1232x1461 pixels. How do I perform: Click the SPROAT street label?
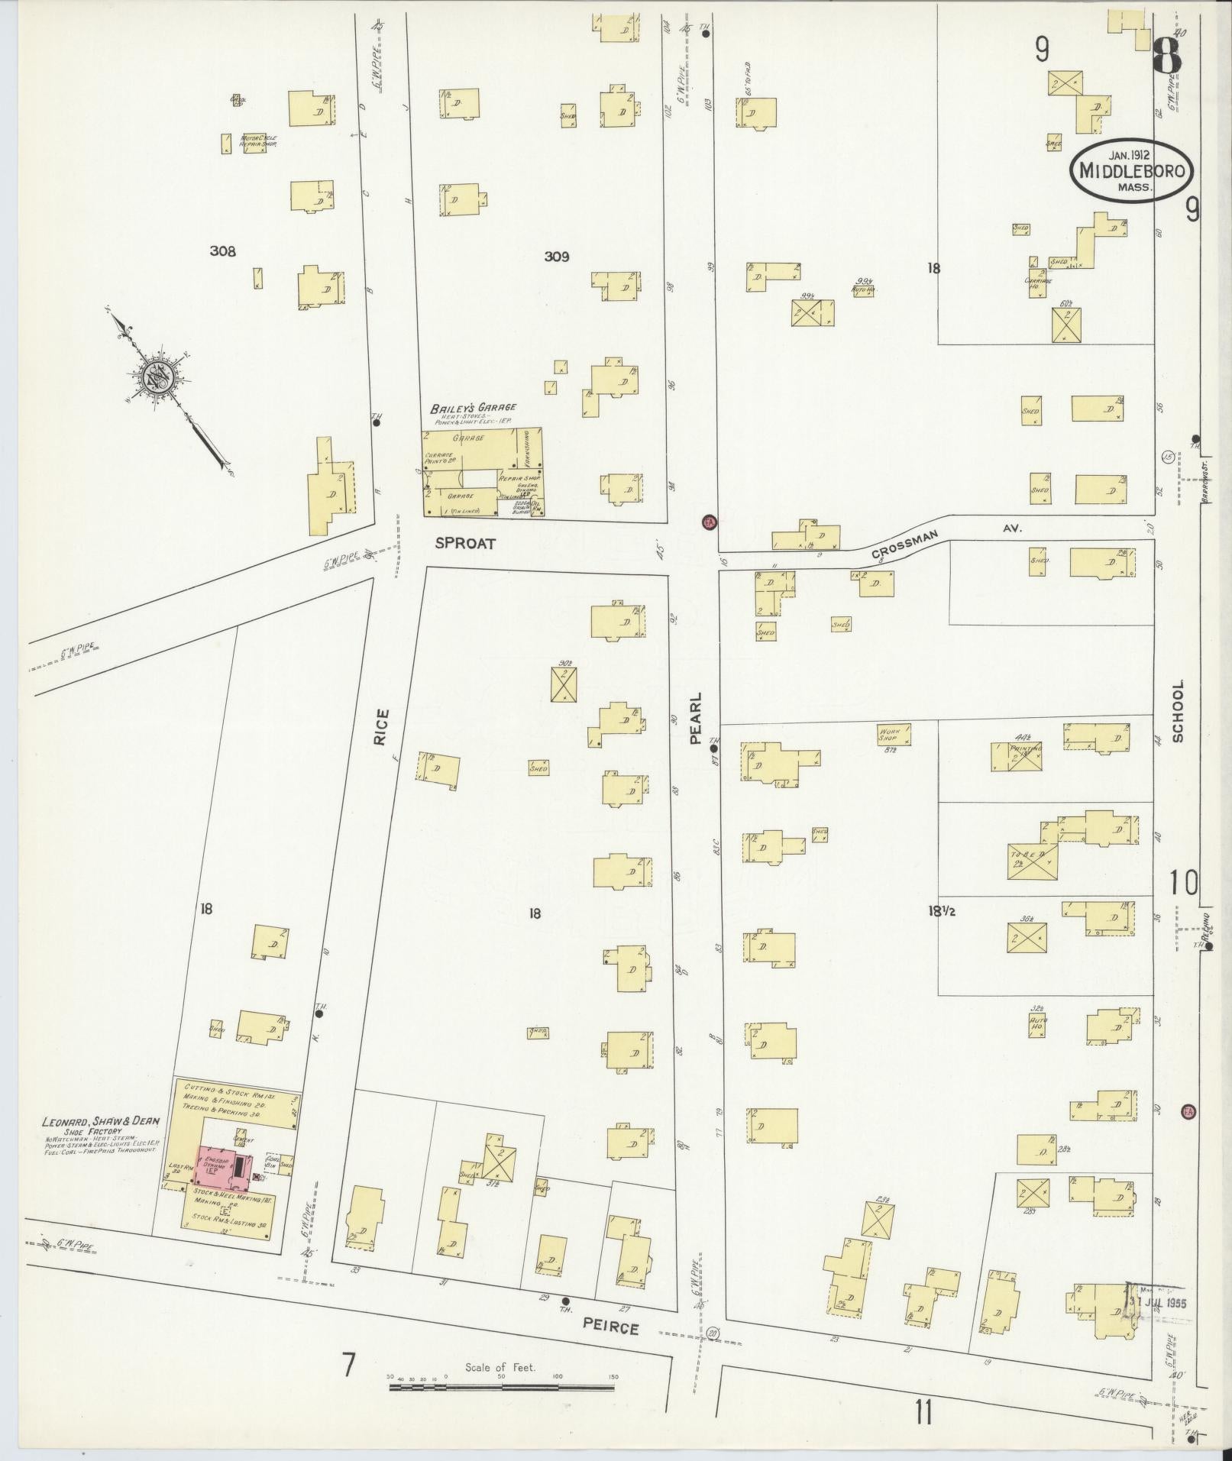465,544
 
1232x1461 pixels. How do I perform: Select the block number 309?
556,257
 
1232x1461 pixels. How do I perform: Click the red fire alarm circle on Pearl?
709,522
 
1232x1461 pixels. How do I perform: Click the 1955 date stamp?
1160,1300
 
